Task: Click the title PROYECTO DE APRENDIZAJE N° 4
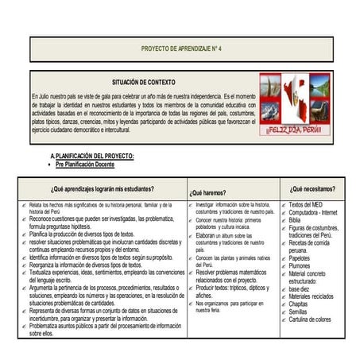[x=181, y=49]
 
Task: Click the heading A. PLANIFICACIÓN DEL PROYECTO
[x=91, y=156]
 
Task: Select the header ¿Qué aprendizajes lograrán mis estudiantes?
[x=103, y=189]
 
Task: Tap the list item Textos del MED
[x=306, y=205]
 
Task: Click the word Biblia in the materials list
[x=295, y=221]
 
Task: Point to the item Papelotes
[x=300, y=258]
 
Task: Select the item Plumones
[x=300, y=266]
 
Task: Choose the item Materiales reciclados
[x=312, y=296]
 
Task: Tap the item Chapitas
[x=298, y=304]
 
